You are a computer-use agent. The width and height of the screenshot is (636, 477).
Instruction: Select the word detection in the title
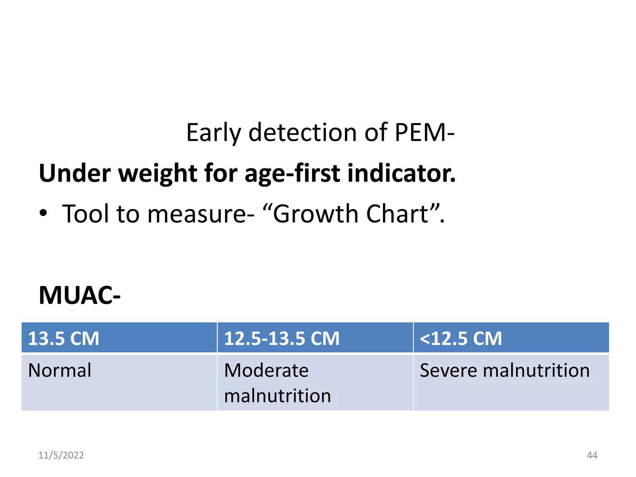(x=303, y=133)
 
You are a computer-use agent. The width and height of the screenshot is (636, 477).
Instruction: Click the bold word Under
(x=75, y=173)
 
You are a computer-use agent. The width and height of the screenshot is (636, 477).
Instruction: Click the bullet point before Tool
(x=43, y=213)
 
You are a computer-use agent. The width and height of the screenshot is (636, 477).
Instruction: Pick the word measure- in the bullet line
(x=201, y=214)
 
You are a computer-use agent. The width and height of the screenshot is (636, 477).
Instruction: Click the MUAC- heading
(x=79, y=295)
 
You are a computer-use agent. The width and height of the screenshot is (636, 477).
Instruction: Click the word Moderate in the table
(x=266, y=370)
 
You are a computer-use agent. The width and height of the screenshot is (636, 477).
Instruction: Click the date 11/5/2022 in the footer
(x=61, y=455)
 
